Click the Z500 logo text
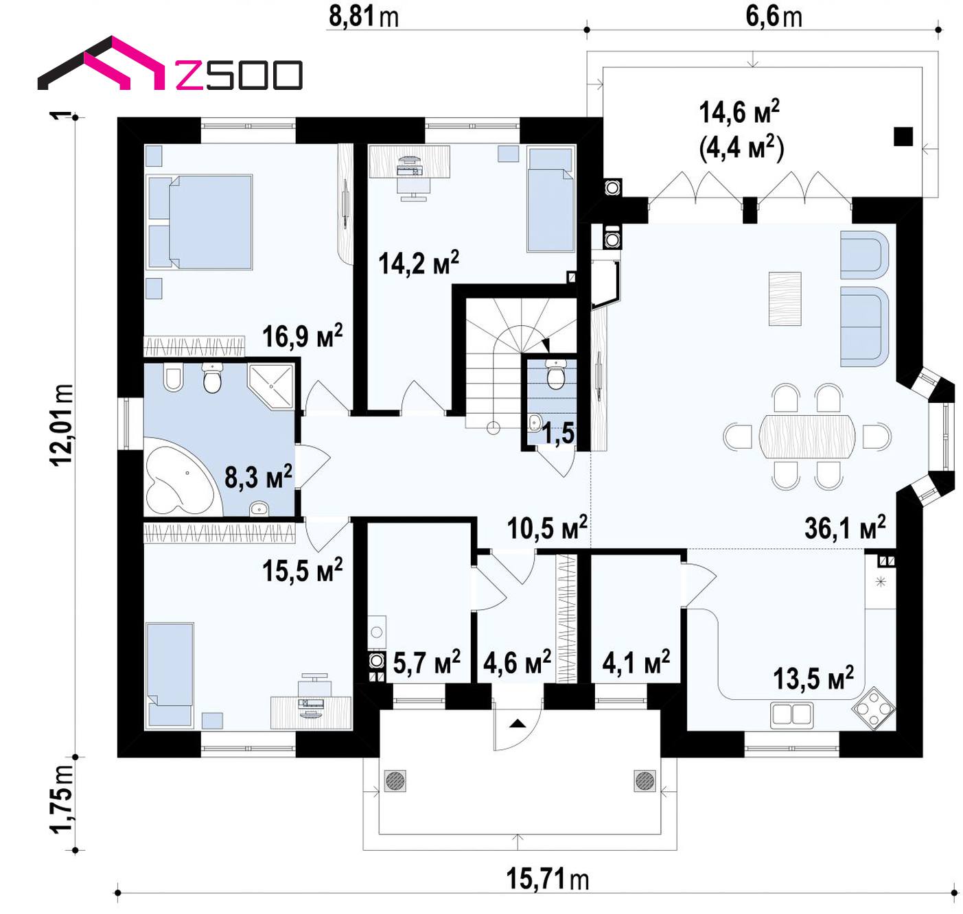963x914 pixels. (x=239, y=75)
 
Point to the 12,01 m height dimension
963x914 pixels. (x=62, y=425)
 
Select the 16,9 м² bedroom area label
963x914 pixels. (x=302, y=336)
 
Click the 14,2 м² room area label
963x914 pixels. (x=419, y=263)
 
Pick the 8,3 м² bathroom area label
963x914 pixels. (x=258, y=477)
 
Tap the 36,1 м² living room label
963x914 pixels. (x=845, y=527)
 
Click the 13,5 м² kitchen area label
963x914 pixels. (x=813, y=678)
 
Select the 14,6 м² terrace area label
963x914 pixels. (x=739, y=112)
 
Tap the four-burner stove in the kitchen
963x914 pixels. (x=874, y=709)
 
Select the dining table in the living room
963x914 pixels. (x=807, y=436)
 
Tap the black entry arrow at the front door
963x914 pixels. (x=518, y=723)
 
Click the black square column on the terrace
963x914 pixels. (x=903, y=136)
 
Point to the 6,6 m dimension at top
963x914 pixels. (x=774, y=16)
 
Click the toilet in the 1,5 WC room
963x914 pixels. (x=555, y=374)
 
